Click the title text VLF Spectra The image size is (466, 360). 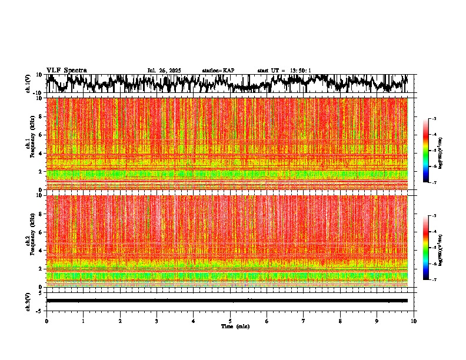tap(66, 71)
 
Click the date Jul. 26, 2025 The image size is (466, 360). tap(164, 71)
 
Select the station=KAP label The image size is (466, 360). tap(218, 71)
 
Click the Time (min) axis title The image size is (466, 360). tap(234, 326)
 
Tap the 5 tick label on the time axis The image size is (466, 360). tap(230, 321)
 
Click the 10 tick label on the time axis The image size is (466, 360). tap(414, 321)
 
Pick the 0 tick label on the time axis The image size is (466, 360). tap(46, 321)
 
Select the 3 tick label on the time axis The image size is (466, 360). tap(157, 321)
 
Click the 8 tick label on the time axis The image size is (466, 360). tap(340, 321)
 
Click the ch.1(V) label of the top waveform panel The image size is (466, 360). tap(28, 84)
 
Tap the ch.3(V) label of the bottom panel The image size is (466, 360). tap(28, 300)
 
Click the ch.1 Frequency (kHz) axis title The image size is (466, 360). tap(29, 144)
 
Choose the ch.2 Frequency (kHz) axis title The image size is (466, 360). tap(29, 241)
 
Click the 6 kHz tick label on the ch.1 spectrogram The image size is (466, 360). tap(41, 135)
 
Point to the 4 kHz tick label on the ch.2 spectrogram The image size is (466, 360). tap(41, 251)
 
